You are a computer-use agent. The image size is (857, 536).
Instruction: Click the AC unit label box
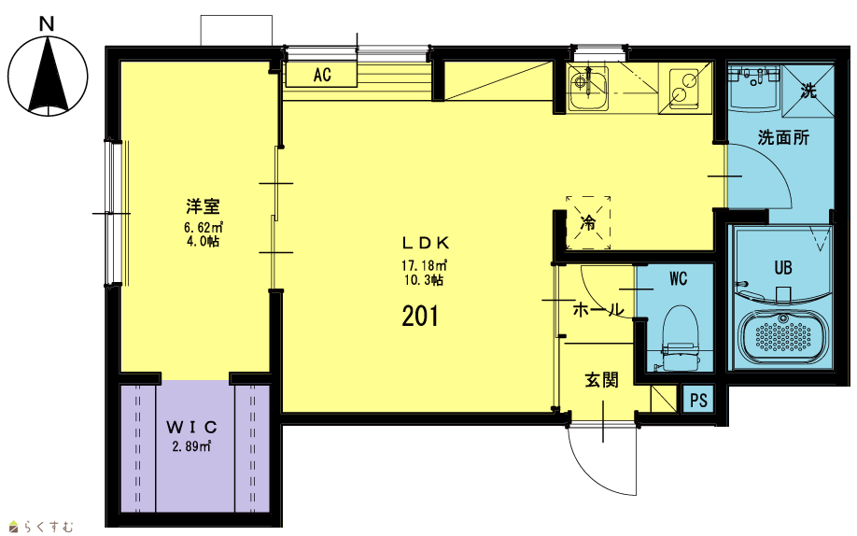pos(321,74)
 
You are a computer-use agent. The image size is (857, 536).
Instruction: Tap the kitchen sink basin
pos(587,89)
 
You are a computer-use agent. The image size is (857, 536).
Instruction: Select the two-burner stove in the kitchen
pos(685,88)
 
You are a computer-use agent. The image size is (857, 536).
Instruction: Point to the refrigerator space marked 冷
pos(588,222)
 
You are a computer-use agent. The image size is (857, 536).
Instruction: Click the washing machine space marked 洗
pos(808,91)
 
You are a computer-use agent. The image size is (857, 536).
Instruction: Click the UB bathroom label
pos(782,267)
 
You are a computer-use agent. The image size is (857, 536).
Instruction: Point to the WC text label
pos(678,279)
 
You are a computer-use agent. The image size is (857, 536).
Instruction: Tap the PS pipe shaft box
pos(698,400)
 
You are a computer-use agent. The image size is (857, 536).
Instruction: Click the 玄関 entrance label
pos(601,380)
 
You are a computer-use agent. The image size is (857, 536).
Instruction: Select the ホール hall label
pos(597,310)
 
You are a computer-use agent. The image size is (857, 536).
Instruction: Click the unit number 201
pos(420,317)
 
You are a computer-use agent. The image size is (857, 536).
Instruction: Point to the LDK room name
pos(425,242)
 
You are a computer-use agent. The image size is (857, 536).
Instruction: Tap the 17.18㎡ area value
pos(425,266)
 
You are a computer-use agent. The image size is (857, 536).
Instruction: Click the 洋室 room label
pos(203,206)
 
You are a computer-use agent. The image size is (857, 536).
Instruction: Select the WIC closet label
pos(191,427)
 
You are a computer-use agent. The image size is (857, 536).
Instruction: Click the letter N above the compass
pos(47,24)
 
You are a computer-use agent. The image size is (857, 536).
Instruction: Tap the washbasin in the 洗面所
pos(755,88)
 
